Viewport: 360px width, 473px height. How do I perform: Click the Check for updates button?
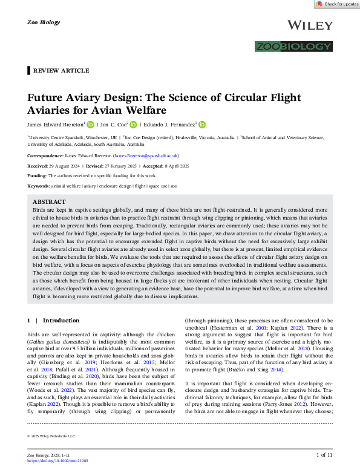pyautogui.click(x=337, y=4)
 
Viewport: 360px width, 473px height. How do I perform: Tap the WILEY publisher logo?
pyautogui.click(x=310, y=25)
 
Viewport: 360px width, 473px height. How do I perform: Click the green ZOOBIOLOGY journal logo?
pyautogui.click(x=293, y=47)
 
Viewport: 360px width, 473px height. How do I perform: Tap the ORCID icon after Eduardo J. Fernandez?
pyautogui.click(x=202, y=125)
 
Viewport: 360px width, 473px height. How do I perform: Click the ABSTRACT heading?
pyautogui.click(x=49, y=202)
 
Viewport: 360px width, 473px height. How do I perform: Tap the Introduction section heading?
pyautogui.click(x=61, y=320)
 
